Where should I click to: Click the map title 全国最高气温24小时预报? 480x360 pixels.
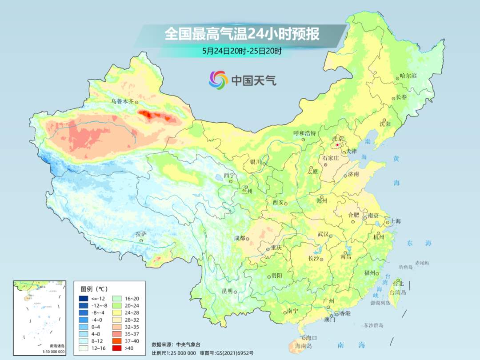[x=242, y=34]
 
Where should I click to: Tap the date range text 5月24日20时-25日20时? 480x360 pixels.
[x=242, y=51]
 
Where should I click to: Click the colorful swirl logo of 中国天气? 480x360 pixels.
[x=218, y=80]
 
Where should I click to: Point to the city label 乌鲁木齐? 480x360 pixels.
[x=122, y=101]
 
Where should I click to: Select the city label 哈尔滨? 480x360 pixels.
[x=408, y=76]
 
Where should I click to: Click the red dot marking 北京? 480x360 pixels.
[x=337, y=145]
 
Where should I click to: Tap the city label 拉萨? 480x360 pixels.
[x=141, y=234]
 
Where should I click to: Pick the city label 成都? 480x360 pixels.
[x=239, y=238]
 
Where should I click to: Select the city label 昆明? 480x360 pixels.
[x=227, y=291]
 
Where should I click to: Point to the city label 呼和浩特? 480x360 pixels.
[x=304, y=133]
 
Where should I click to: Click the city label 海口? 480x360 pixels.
[x=312, y=338]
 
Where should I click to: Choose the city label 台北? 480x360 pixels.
[x=398, y=284]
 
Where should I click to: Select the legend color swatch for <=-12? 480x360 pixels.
[x=84, y=298]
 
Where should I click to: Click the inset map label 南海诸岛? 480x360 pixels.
[x=57, y=346]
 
